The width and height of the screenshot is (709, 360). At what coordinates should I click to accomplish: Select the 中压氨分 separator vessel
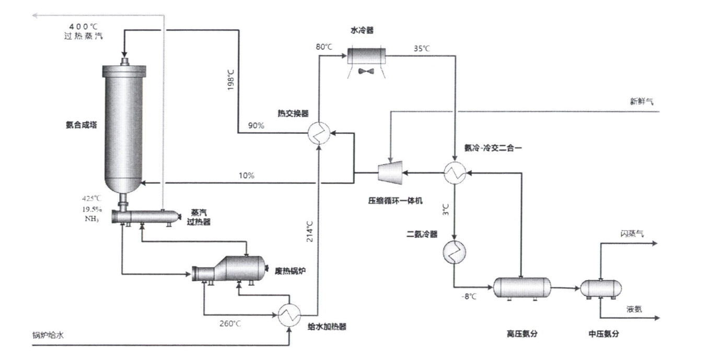(x=601, y=288)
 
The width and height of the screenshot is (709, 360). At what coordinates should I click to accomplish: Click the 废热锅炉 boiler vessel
(x=228, y=270)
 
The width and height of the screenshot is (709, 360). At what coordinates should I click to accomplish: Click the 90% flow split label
(x=257, y=126)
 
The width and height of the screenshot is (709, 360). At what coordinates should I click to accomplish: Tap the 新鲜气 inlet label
(x=642, y=102)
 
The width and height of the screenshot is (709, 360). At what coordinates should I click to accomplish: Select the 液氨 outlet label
(x=634, y=309)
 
